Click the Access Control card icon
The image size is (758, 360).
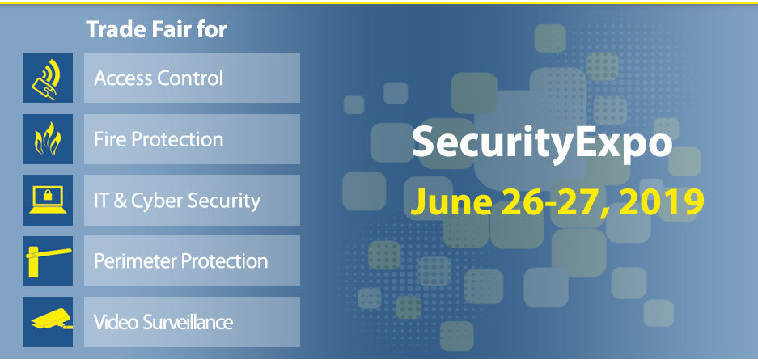tap(48, 78)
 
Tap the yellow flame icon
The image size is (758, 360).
tap(48, 139)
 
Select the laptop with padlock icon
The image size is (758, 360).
tap(48, 200)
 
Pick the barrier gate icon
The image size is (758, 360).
tap(48, 260)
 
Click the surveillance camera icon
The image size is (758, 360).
tap(48, 321)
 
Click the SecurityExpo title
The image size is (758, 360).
tap(542, 144)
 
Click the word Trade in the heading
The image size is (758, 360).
tap(112, 31)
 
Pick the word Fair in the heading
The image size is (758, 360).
tap(169, 31)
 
